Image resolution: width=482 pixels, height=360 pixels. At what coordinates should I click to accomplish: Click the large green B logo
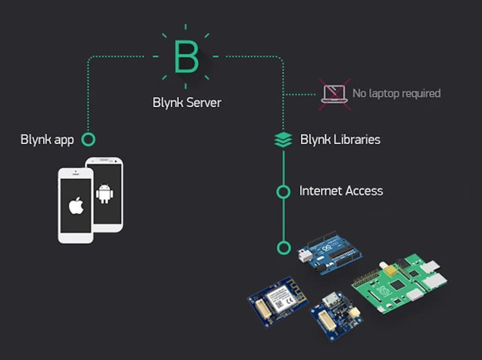[x=186, y=56]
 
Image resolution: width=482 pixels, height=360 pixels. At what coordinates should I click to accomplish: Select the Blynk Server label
[x=186, y=102]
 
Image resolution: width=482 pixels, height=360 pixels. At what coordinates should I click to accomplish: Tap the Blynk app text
[x=47, y=140]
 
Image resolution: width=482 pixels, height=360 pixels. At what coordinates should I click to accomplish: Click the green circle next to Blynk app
[x=89, y=140]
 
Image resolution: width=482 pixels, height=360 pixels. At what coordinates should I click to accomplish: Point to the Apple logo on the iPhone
[x=76, y=205]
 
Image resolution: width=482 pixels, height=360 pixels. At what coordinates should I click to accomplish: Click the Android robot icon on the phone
[x=104, y=193]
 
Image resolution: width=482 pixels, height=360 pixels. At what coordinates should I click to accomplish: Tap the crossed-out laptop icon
[x=335, y=94]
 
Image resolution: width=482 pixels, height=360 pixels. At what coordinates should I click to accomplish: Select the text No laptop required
[x=396, y=94]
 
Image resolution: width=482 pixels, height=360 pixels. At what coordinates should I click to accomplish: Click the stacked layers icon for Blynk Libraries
[x=283, y=140]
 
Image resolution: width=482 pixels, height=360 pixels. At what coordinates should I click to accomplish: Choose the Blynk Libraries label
[x=340, y=140]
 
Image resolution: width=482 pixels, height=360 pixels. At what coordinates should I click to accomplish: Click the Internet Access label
[x=341, y=191]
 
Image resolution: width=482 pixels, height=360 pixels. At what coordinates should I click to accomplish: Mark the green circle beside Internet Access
[x=283, y=191]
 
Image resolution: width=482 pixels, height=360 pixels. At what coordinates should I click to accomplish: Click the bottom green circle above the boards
[x=283, y=247]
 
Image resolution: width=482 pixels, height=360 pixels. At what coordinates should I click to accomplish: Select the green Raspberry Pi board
[x=399, y=284]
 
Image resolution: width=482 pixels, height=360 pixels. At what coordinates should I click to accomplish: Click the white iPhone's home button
[x=76, y=238]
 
